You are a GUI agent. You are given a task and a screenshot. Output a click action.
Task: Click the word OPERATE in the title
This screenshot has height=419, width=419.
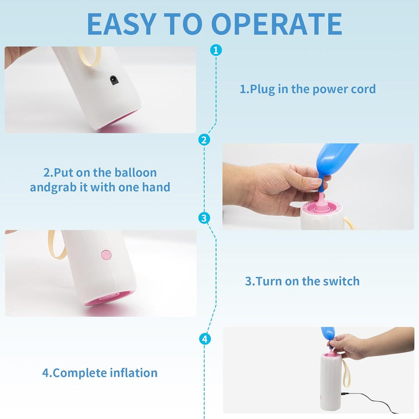tap(277, 24)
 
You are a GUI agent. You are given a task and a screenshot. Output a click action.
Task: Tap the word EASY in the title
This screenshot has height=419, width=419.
tap(122, 24)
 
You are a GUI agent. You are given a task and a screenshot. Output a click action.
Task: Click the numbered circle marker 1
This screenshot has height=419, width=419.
tap(216, 50)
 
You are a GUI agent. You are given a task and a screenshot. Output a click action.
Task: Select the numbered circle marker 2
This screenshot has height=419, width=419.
tap(204, 140)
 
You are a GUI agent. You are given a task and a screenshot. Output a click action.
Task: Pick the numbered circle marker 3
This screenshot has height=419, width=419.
tap(204, 218)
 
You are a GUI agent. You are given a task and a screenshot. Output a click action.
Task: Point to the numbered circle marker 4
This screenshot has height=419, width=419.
tap(205, 339)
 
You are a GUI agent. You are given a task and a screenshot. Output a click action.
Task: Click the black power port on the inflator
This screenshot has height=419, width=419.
tap(114, 80)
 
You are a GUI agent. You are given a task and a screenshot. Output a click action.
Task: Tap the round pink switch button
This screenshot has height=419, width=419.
tap(106, 255)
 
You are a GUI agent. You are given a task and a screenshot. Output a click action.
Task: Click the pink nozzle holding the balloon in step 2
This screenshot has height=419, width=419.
tap(321, 204)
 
